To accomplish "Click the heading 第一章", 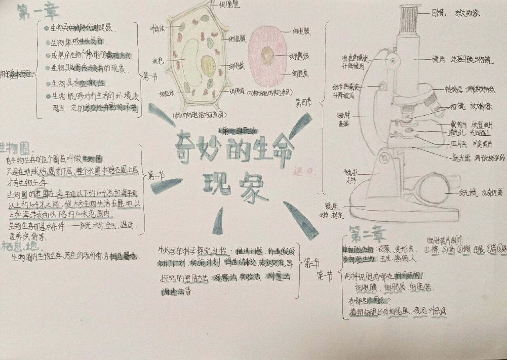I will [x=39, y=12].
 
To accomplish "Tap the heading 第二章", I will [x=367, y=235].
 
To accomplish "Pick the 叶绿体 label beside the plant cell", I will [x=158, y=28].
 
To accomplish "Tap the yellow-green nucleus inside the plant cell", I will [x=208, y=66].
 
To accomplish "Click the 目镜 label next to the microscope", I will [x=438, y=13].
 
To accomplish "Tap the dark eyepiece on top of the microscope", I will [x=409, y=20].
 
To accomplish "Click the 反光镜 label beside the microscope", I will [x=468, y=193].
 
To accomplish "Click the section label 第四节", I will [x=304, y=102].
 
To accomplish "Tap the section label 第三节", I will [x=311, y=263].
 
